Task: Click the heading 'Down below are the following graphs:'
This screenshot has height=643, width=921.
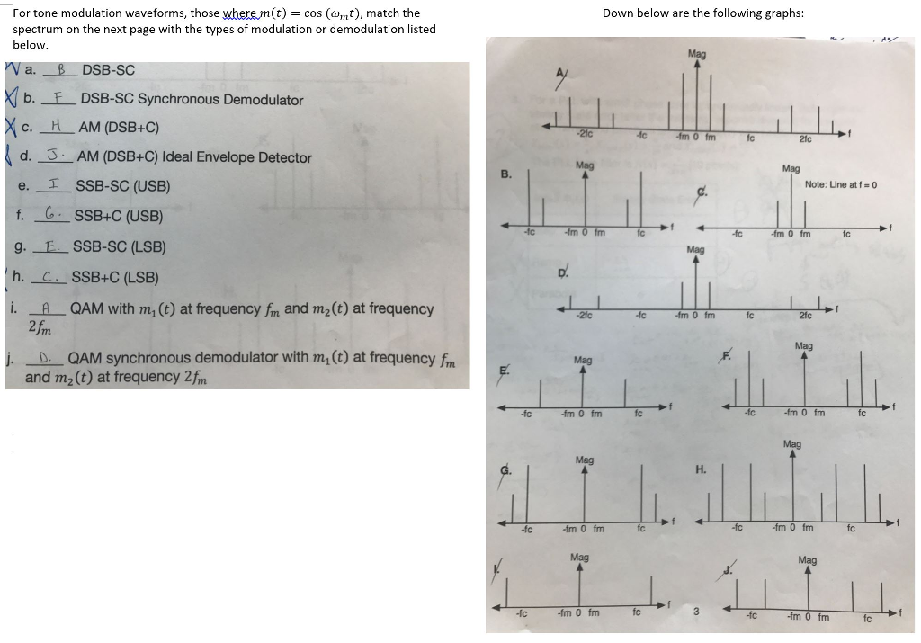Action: tap(702, 13)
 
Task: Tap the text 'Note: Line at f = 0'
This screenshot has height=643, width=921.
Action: tap(841, 184)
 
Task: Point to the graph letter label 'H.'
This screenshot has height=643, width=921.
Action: tap(701, 469)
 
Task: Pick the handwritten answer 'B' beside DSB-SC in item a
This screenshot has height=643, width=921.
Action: tap(62, 70)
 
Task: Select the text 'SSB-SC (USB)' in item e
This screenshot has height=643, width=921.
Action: tap(123, 186)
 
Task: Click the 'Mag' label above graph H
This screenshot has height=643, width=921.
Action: tap(791, 443)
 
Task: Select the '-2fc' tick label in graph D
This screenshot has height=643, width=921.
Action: tap(583, 316)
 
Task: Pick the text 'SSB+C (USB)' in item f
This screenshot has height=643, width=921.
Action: tap(118, 216)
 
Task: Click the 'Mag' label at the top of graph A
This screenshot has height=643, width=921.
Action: tap(696, 55)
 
